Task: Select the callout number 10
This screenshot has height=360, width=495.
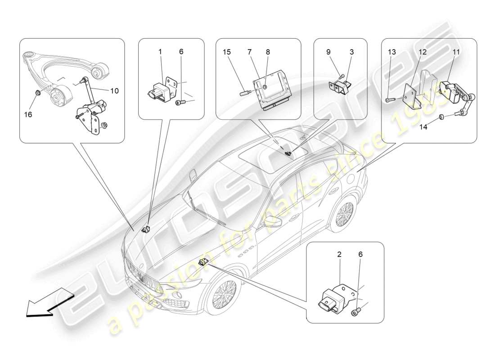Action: coord(114,91)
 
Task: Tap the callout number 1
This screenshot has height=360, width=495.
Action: coord(160,52)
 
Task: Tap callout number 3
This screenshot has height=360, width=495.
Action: coord(351,52)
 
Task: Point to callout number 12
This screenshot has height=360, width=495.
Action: coord(423,52)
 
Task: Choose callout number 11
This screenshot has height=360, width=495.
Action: coord(456,52)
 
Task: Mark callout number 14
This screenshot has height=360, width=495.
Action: coord(424,127)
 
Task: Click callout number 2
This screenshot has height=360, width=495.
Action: coord(339,254)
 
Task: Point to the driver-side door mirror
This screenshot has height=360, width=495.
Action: coord(272,220)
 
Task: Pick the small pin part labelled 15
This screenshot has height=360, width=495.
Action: coord(243,93)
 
